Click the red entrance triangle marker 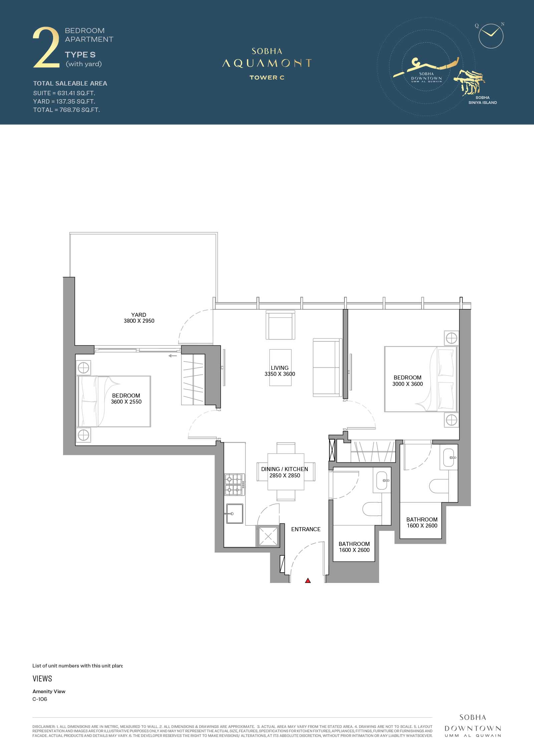308,581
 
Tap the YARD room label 139,315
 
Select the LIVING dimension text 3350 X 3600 280,374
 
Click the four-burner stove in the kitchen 234,484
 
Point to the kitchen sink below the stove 234,513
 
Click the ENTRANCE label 306,529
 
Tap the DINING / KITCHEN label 285,469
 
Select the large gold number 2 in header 46,48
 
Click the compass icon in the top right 491,35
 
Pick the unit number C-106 40,699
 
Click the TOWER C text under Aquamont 267,78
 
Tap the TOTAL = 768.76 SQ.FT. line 66,110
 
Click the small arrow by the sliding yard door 173,356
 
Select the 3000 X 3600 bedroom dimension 408,384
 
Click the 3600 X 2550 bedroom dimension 126,402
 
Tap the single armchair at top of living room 280,325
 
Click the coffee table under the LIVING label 280,367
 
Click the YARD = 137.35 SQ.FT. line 64,102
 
